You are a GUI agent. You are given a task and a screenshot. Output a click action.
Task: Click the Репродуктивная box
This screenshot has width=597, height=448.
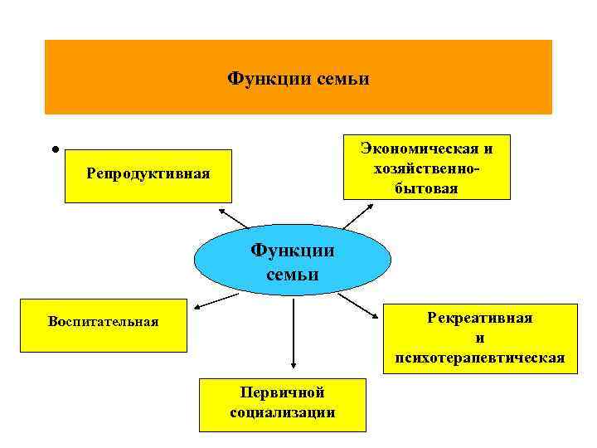pyautogui.click(x=148, y=176)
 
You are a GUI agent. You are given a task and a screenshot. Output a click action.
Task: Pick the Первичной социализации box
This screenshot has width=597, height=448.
pyautogui.click(x=282, y=404)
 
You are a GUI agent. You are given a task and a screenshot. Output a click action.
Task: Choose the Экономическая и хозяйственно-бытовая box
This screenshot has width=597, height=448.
pyautogui.click(x=426, y=168)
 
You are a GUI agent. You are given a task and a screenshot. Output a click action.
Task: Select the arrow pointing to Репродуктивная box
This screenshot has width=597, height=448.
pyautogui.click(x=234, y=217)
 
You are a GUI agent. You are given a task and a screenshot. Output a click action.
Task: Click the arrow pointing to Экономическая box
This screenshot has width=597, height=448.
pyautogui.click(x=357, y=216)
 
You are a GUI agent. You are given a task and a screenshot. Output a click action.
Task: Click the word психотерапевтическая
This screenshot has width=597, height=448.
pyautogui.click(x=474, y=358)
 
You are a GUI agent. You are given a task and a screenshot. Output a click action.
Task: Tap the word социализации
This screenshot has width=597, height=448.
pyautogui.click(x=282, y=412)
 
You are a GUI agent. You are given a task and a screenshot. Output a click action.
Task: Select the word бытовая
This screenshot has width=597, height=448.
pyautogui.click(x=426, y=189)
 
